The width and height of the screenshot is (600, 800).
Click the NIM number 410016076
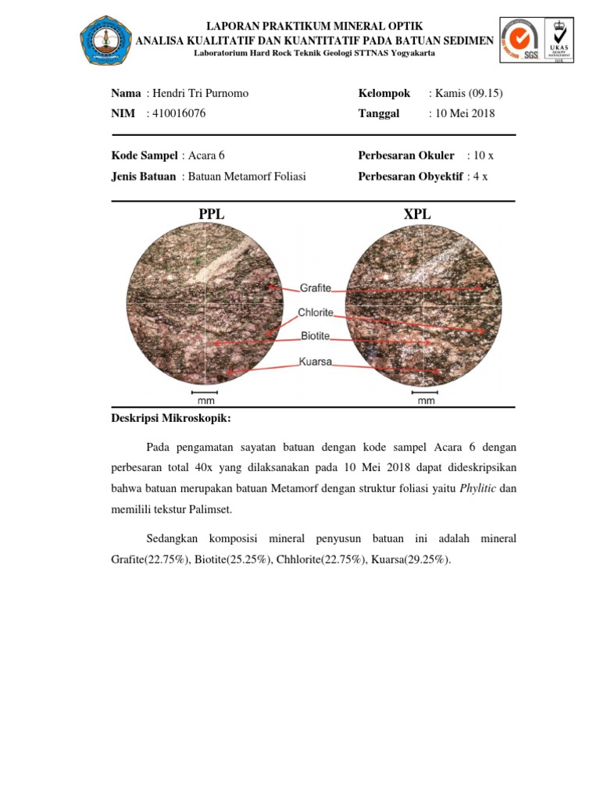coord(180,114)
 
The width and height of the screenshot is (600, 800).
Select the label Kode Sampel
coord(145,155)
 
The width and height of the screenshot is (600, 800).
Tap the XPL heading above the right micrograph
coord(417,214)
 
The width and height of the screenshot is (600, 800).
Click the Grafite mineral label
coord(315,287)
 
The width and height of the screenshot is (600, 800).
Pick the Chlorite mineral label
coord(316,312)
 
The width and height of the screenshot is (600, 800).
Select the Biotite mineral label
coord(315,337)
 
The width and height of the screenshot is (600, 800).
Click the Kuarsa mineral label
coord(316,362)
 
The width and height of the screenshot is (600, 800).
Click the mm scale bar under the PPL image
coord(205,396)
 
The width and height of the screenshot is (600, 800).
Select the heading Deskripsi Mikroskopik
coord(171,420)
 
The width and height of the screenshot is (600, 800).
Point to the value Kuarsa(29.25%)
coord(411,560)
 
